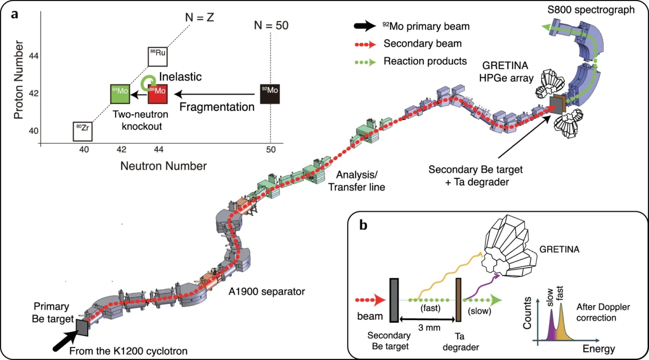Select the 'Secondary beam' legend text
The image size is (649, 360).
click(414, 43)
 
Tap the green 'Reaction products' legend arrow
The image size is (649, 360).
click(361, 61)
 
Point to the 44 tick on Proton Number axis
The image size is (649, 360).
click(32, 56)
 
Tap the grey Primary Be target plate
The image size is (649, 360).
click(82, 326)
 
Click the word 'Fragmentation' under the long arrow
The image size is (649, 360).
click(224, 107)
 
